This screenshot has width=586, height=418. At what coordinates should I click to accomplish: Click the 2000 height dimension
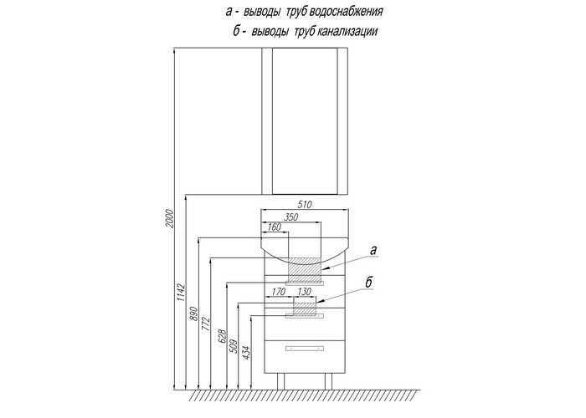[170, 219]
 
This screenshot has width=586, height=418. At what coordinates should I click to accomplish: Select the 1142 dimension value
[182, 293]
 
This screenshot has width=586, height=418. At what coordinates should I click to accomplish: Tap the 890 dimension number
[193, 313]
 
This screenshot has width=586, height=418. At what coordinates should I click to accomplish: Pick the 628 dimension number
[222, 337]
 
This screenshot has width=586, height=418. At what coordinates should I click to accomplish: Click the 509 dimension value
[233, 346]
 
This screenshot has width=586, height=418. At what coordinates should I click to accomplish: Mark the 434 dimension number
[246, 353]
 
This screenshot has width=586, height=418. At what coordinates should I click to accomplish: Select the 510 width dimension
[305, 205]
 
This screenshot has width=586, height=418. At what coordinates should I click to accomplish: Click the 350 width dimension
[290, 217]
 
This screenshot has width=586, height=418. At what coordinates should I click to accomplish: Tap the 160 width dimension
[274, 227]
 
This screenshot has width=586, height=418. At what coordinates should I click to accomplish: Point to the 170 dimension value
[279, 292]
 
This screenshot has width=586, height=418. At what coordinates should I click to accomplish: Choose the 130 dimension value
[305, 292]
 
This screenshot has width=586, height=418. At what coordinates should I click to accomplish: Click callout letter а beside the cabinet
[373, 250]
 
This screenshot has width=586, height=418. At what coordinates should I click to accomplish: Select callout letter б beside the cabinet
[369, 283]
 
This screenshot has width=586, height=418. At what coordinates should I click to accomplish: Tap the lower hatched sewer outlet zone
[305, 308]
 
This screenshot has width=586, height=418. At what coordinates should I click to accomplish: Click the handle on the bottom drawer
[305, 349]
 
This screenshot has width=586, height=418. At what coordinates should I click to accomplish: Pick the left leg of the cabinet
[280, 381]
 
